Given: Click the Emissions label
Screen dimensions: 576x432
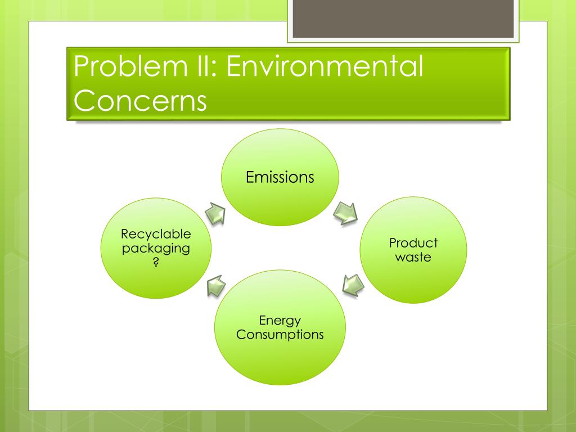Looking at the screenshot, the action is [x=280, y=177].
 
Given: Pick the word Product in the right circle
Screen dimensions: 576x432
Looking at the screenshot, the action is [x=413, y=243].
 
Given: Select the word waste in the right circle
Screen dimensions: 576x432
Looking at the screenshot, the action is [x=413, y=258].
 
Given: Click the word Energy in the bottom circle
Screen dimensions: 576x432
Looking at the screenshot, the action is [x=280, y=321].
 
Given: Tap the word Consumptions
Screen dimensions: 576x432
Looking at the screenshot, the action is [x=280, y=335].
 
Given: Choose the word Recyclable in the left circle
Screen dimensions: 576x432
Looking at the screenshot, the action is [x=156, y=234].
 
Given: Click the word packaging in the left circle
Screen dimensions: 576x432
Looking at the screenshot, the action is [x=156, y=248].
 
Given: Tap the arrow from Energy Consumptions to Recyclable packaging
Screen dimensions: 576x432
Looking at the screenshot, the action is [x=214, y=285].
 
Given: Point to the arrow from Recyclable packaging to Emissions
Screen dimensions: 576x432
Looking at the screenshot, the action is [x=214, y=214].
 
